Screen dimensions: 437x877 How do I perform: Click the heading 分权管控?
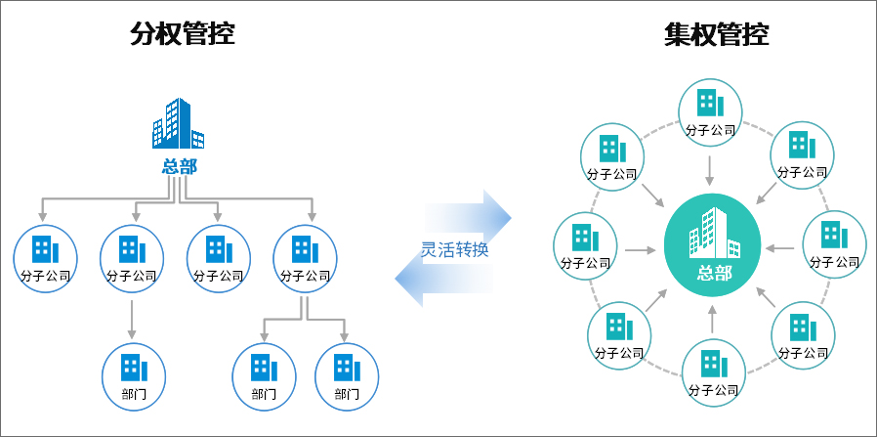pos(183,34)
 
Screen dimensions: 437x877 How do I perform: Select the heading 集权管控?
pos(716,34)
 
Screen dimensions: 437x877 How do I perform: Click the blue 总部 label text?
pos(179,166)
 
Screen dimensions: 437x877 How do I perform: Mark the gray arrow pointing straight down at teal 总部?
pos(710,171)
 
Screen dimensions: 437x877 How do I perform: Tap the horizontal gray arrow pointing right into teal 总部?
pos(640,249)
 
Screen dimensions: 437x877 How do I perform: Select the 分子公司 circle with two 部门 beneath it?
pos(305,256)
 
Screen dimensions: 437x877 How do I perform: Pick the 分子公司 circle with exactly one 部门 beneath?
pos(131,256)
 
